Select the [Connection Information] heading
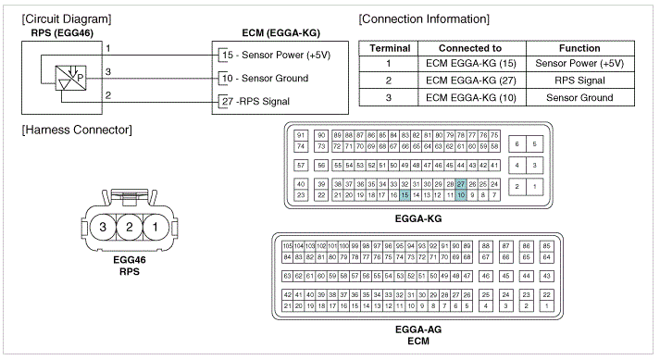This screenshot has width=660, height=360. pyautogui.click(x=423, y=19)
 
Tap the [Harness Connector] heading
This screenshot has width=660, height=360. pyautogui.click(x=76, y=129)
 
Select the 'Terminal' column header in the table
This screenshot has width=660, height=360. pyautogui.click(x=390, y=48)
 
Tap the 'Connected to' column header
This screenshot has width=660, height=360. pyautogui.click(x=469, y=48)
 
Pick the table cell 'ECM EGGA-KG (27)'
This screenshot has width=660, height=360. pyautogui.click(x=469, y=81)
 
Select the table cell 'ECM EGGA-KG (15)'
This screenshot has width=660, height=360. pyautogui.click(x=469, y=64)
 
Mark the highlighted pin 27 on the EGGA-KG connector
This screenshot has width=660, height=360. pyautogui.click(x=461, y=185)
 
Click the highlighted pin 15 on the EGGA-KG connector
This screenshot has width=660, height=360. pyautogui.click(x=405, y=195)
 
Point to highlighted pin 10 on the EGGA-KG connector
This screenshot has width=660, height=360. pyautogui.click(x=461, y=195)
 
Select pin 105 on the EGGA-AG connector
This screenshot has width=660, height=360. pyautogui.click(x=287, y=245)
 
